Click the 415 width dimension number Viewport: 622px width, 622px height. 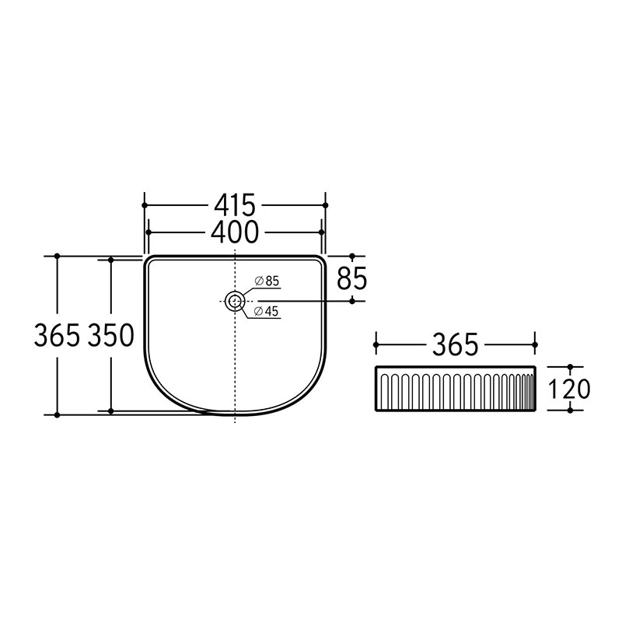tap(235, 205)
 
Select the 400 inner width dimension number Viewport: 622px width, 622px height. tap(235, 232)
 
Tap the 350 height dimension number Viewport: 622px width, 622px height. tap(111, 336)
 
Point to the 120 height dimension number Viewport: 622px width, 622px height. tap(569, 389)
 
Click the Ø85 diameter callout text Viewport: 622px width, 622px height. tap(267, 281)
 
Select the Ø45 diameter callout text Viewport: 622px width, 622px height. tap(267, 312)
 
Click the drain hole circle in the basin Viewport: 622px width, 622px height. tap(235, 302)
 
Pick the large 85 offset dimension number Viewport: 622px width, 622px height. tap(352, 278)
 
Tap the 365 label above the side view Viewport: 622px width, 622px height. tap(456, 344)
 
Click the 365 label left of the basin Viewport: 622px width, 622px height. tap(57, 336)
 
